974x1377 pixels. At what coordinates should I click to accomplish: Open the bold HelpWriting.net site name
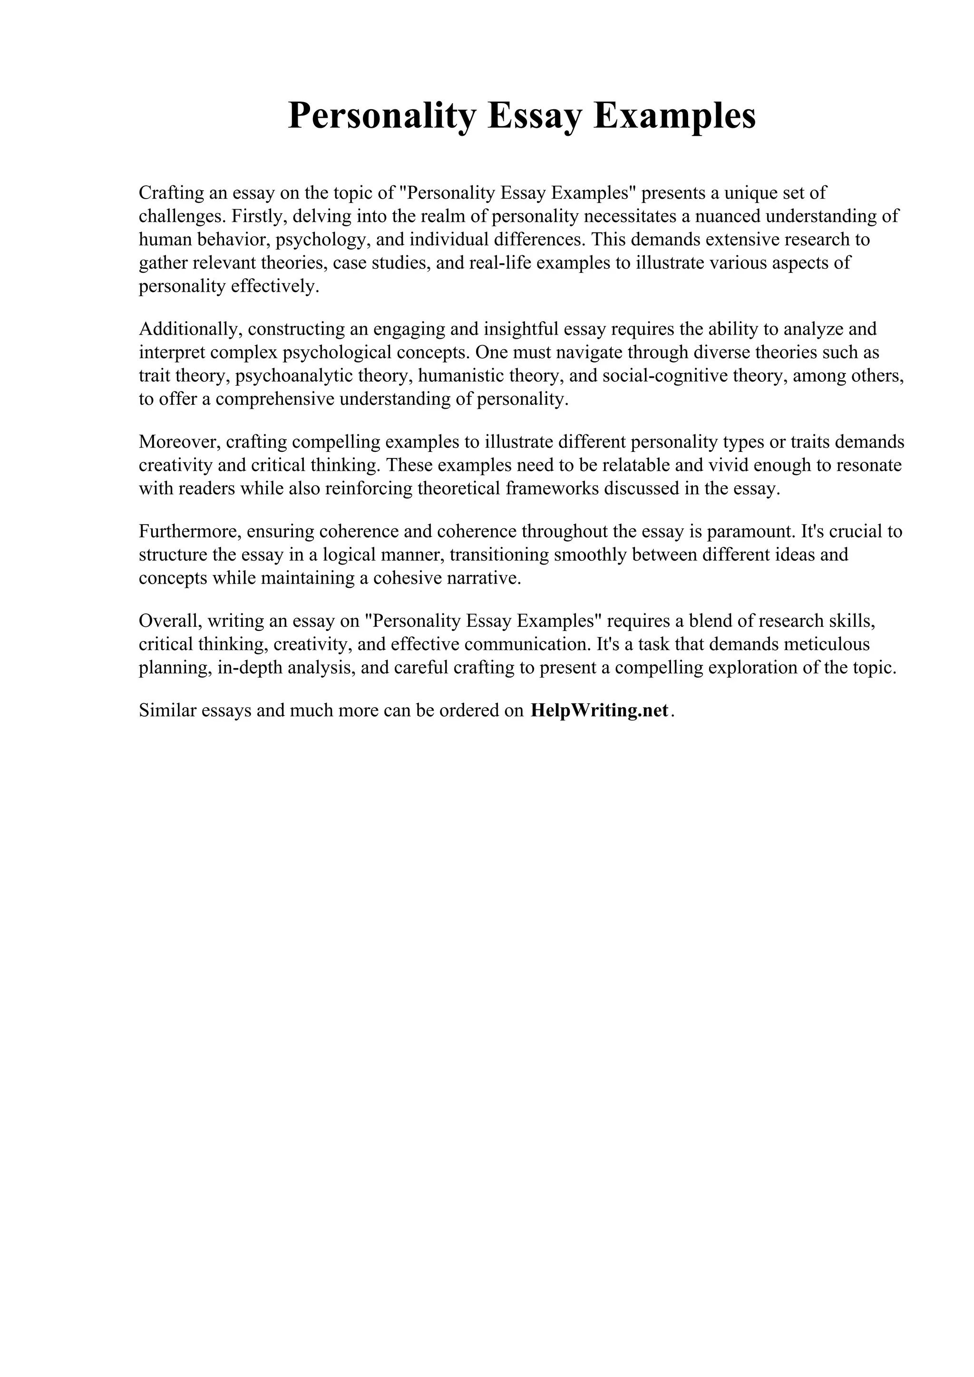pos(600,710)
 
